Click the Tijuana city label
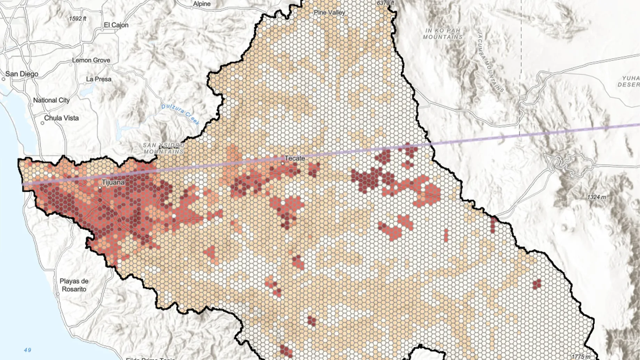pyautogui.click(x=113, y=182)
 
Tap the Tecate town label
pyautogui.click(x=295, y=158)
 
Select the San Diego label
pyautogui.click(x=22, y=74)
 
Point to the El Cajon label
pyautogui.click(x=116, y=25)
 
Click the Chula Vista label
pyautogui.click(x=61, y=118)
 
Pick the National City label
pyautogui.click(x=51, y=100)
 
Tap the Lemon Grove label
pyautogui.click(x=91, y=60)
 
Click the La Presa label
pyautogui.click(x=99, y=79)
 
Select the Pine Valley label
pyautogui.click(x=329, y=13)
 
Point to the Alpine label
pyautogui.click(x=202, y=4)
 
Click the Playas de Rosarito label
pyautogui.click(x=74, y=285)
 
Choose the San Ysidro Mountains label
pyautogui.click(x=164, y=149)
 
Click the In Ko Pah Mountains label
pyautogui.click(x=442, y=34)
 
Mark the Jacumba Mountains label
pyautogui.click(x=490, y=62)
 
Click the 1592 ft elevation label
pyautogui.click(x=78, y=18)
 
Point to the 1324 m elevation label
pyautogui.click(x=597, y=197)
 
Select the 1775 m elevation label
pyautogui.click(x=581, y=357)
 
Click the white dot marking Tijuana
pyautogui.click(x=100, y=188)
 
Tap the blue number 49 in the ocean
pyautogui.click(x=27, y=350)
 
